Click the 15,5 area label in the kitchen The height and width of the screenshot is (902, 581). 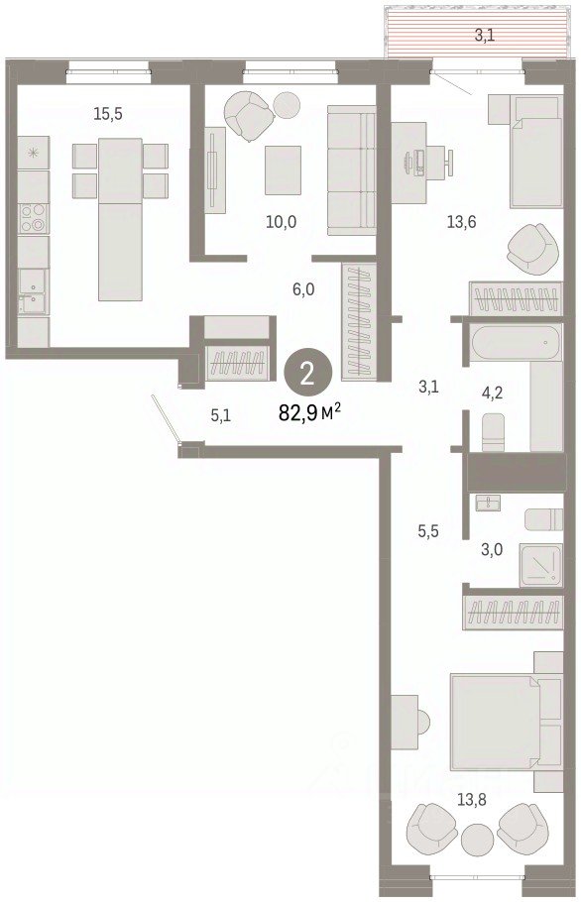[108, 114]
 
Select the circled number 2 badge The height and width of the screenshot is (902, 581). [307, 375]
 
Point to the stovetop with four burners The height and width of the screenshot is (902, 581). [34, 218]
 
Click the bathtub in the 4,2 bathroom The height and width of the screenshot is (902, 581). [516, 343]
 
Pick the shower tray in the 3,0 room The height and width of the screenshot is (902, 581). [540, 565]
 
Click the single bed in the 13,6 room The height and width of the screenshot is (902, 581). [536, 152]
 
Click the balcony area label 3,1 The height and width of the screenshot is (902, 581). [485, 36]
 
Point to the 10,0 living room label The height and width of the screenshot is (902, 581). [282, 221]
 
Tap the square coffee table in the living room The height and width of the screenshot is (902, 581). [283, 169]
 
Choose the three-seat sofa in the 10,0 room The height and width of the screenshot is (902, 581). [352, 170]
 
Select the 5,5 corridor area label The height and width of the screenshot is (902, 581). [428, 531]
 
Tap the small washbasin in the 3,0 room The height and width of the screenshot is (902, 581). [488, 503]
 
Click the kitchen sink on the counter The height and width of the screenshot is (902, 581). [33, 290]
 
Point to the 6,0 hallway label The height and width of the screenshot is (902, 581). [303, 289]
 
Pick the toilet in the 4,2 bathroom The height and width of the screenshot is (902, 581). [493, 432]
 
